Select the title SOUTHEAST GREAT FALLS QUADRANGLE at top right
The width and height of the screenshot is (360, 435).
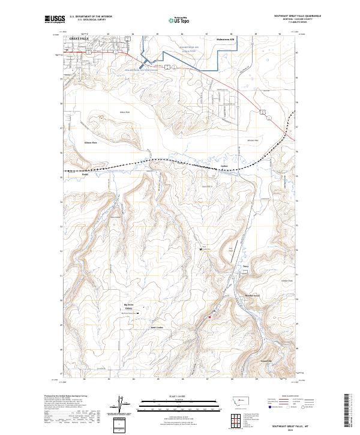297,17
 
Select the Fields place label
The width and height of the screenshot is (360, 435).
85,175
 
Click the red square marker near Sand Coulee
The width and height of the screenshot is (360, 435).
209,317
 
